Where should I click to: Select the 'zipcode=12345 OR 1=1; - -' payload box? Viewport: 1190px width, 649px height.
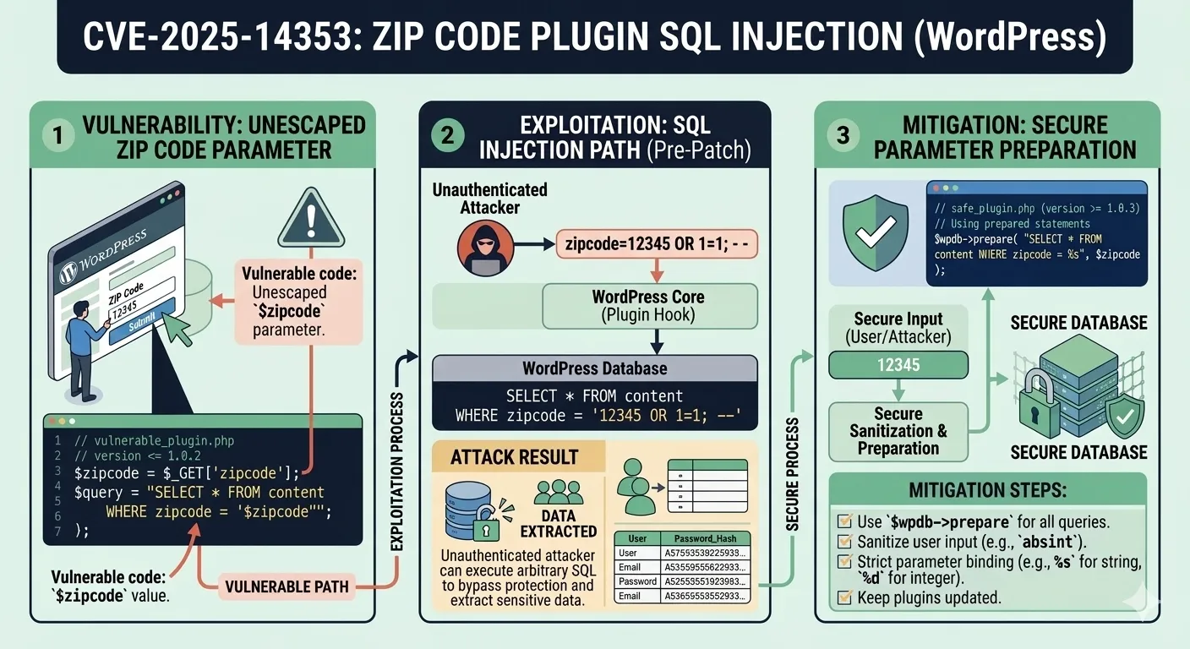tap(657, 245)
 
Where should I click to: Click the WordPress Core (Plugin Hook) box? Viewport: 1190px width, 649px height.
tap(648, 306)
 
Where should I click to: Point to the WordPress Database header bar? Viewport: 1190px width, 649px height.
tap(594, 368)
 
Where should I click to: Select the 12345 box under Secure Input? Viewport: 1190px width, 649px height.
tap(898, 365)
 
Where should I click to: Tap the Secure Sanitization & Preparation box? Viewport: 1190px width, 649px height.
tap(898, 431)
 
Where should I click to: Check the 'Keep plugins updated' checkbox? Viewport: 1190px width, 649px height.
tap(843, 598)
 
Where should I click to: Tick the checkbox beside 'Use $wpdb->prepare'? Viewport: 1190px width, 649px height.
tap(843, 521)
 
